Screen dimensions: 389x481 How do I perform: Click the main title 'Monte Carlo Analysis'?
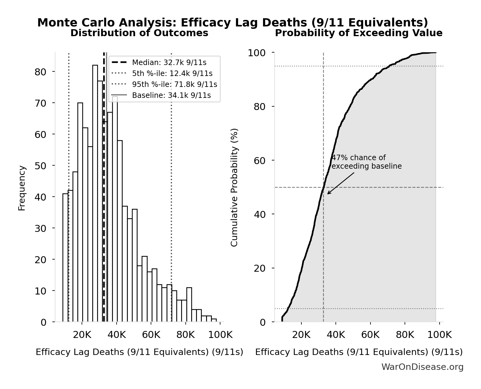pyautogui.click(x=232, y=23)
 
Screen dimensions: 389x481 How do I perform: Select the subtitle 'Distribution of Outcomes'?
pyautogui.click(x=139, y=33)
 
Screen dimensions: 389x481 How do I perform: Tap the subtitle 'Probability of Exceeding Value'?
pyautogui.click(x=359, y=33)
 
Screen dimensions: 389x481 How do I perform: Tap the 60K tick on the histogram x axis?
pyautogui.click(x=151, y=335)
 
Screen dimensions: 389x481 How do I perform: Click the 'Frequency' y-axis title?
pyautogui.click(x=22, y=188)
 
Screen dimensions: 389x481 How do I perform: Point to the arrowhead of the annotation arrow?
pyautogui.click(x=328, y=194)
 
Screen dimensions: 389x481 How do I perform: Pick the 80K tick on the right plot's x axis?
pyautogui.click(x=405, y=335)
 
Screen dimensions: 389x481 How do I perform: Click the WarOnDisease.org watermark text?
pyautogui.click(x=422, y=367)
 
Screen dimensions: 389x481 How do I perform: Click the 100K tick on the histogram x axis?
pyautogui.click(x=220, y=335)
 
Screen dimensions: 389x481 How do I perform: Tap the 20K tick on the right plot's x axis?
pyautogui.click(x=301, y=335)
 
